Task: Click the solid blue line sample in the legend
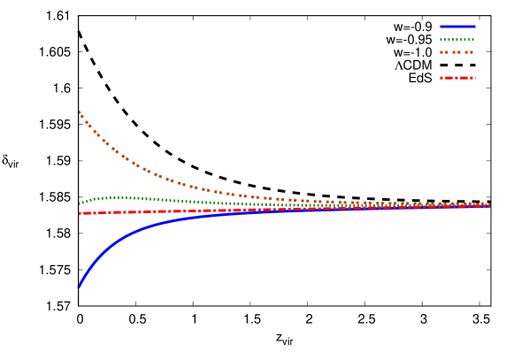[x=457, y=27]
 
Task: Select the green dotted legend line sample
[x=457, y=40]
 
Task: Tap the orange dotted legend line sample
[x=457, y=52]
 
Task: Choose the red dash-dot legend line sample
[x=457, y=78]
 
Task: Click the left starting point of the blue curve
[x=80, y=286]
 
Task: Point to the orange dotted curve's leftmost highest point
[x=79, y=111]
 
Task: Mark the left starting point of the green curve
[x=80, y=203]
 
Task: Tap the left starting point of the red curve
[x=80, y=213]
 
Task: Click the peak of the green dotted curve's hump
[x=115, y=197]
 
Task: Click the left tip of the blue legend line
[x=441, y=27]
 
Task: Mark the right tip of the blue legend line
[x=475, y=27]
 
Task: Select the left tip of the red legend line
[x=441, y=78]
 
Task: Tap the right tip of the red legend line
[x=475, y=78]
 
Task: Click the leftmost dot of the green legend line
[x=441, y=40]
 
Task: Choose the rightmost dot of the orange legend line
[x=472, y=52]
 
